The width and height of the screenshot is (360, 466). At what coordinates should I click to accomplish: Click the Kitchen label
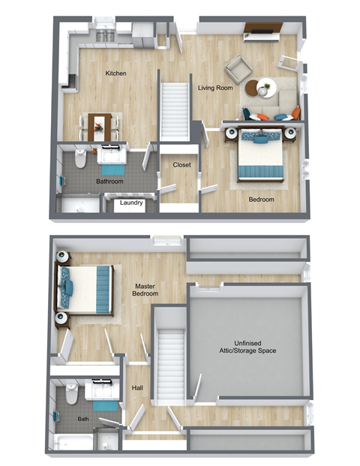(x=115, y=74)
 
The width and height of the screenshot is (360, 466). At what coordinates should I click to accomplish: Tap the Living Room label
(x=214, y=88)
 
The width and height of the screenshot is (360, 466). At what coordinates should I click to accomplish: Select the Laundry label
(x=131, y=202)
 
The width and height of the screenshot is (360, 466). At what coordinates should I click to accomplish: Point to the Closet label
(x=181, y=164)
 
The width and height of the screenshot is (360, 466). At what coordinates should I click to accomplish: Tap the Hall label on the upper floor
(x=137, y=388)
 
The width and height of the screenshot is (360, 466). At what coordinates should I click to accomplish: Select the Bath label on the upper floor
(x=83, y=419)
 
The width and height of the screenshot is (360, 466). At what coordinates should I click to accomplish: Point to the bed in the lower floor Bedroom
(x=260, y=155)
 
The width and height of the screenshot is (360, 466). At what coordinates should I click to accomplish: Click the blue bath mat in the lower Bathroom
(x=62, y=179)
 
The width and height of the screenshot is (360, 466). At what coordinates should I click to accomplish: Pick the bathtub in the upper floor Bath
(x=75, y=442)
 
